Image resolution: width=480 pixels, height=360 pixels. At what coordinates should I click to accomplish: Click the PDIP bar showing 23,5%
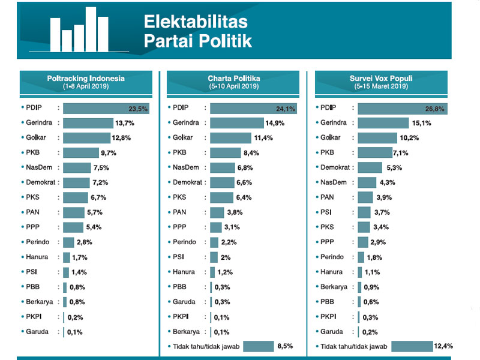pyautogui.click(x=105, y=109)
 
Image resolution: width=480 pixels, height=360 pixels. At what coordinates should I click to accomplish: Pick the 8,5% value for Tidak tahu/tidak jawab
pyautogui.click(x=286, y=346)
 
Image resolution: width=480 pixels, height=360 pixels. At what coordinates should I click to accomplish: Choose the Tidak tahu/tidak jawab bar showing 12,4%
pyautogui.click(x=412, y=346)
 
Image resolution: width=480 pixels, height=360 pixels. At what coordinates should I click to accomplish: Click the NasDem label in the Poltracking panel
pyautogui.click(x=38, y=167)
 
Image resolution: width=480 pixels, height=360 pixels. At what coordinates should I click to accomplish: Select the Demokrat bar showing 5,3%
pyautogui.click(x=370, y=167)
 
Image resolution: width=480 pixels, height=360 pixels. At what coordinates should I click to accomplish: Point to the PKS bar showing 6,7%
pyautogui.click(x=76, y=197)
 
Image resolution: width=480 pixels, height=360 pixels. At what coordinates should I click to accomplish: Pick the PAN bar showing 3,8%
pyautogui.click(x=217, y=212)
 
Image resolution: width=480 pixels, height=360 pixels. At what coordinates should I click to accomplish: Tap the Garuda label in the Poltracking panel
pyautogui.click(x=37, y=331)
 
